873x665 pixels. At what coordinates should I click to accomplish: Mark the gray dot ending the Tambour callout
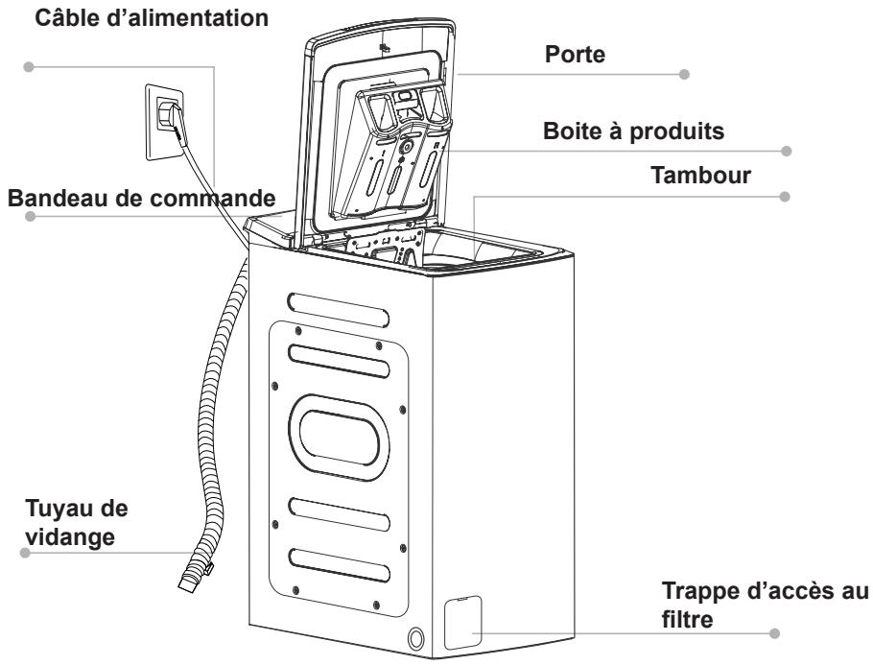[786, 197]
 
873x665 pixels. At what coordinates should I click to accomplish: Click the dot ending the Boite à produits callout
[786, 151]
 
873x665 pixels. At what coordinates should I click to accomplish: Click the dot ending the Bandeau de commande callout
[30, 218]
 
